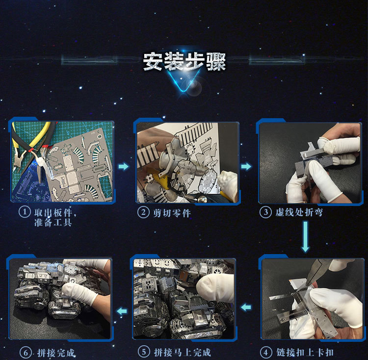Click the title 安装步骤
184,61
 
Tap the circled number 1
25,212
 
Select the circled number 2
143,212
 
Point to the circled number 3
265,212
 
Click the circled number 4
266,352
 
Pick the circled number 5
144,352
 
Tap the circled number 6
26,353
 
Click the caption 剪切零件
172,213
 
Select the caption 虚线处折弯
299,212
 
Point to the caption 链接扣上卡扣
305,352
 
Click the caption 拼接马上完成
183,352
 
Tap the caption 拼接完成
56,353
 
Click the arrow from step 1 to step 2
124,167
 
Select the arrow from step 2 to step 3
246,167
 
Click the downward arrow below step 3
305,237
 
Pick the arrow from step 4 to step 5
246,307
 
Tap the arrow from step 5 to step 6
122,311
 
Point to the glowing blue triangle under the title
184,81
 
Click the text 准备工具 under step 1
53,222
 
